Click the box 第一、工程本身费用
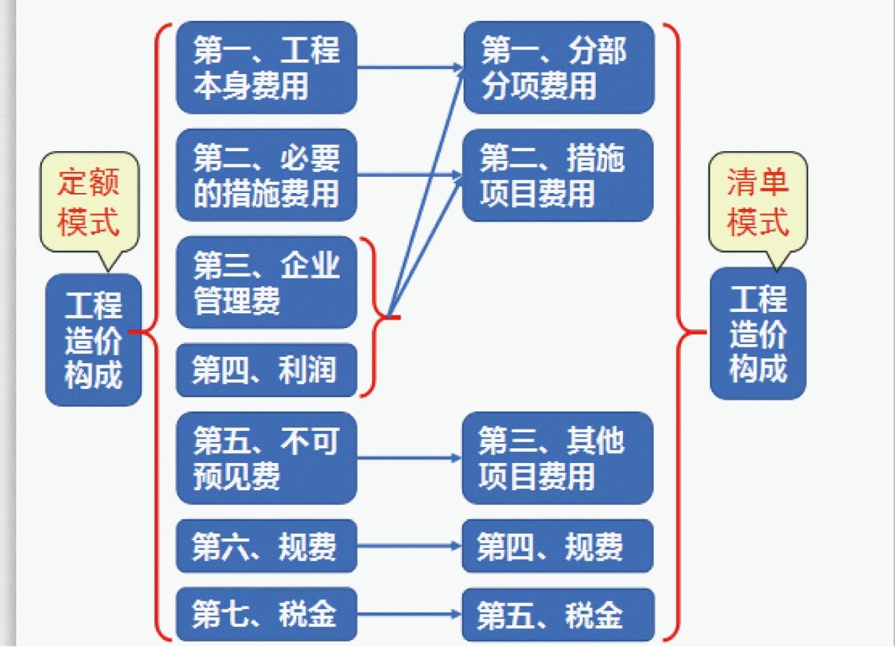coord(266,68)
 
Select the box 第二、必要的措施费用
coord(266,175)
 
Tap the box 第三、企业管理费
coord(266,282)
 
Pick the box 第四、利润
coord(266,370)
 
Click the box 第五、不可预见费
coord(266,458)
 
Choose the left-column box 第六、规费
coord(266,546)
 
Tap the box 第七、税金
coord(266,614)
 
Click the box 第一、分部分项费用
coord(559,68)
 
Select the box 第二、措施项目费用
coord(558,175)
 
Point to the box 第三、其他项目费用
coord(558,458)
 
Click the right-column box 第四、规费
coord(558,546)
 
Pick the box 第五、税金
coord(558,614)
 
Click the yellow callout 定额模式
coord(89,202)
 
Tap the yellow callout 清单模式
coord(758,202)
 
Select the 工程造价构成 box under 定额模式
coord(94,340)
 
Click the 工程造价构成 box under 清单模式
coord(758,333)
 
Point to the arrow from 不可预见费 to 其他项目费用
coord(410,458)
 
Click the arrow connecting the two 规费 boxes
coord(410,546)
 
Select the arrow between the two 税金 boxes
coord(410,614)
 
